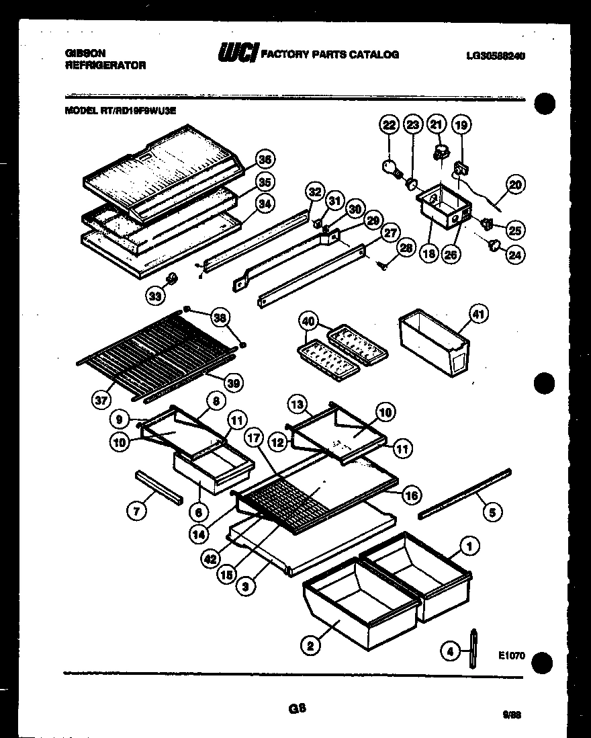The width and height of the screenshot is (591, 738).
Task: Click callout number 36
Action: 266,160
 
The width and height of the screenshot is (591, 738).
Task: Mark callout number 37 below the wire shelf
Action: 101,401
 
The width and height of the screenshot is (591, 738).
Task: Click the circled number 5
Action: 492,513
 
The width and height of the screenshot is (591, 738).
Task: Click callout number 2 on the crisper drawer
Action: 310,647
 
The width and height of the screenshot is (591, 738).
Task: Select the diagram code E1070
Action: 511,656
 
